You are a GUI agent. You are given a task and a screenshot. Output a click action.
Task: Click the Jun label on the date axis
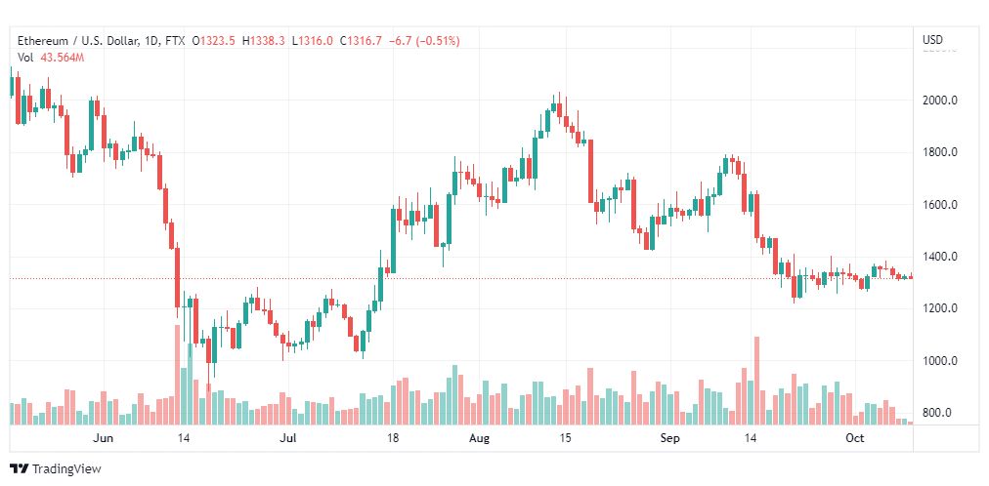(103, 438)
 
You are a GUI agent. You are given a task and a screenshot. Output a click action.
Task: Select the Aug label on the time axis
(480, 438)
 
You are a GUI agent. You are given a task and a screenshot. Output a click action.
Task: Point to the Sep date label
(669, 438)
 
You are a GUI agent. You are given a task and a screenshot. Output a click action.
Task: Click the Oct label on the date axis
(855, 438)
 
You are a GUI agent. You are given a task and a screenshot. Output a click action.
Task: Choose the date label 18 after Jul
(392, 438)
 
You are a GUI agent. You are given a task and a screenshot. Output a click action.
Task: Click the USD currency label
(933, 40)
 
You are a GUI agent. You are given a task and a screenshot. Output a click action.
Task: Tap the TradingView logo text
(65, 469)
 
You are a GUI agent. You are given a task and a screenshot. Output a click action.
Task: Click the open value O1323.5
(213, 41)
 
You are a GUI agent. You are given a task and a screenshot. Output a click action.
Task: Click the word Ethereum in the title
(43, 41)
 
